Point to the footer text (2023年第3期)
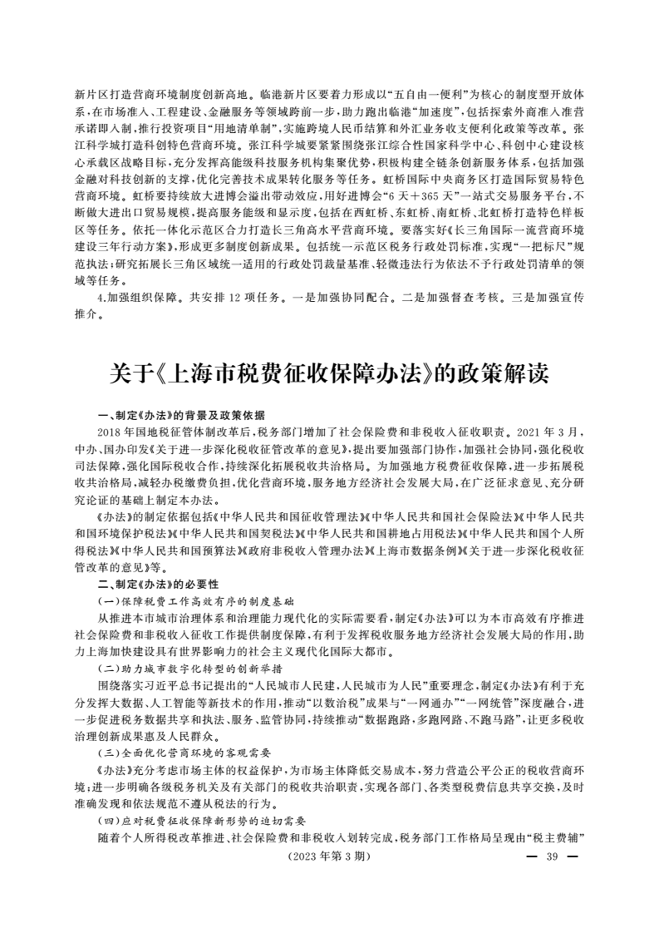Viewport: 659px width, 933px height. tap(327, 856)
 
